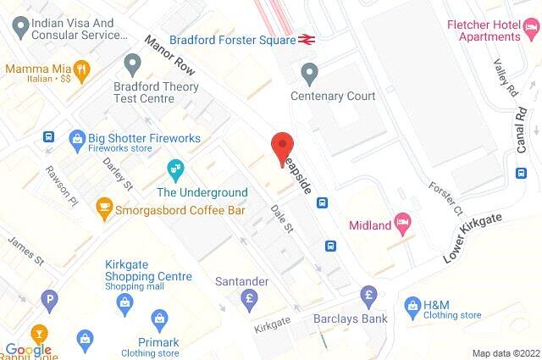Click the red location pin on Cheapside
282,147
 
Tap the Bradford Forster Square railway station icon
307,39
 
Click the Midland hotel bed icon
404,224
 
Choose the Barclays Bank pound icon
368,296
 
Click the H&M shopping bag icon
412,304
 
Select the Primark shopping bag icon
158,318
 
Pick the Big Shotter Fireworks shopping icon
77,137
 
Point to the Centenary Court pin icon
310,75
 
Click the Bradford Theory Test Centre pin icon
132,64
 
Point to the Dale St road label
281,218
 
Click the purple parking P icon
53,298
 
